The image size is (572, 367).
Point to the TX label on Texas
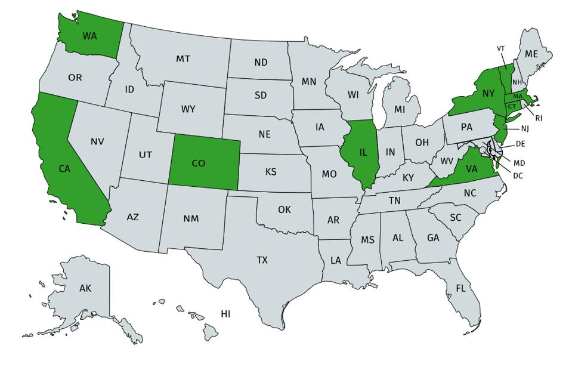[262, 260]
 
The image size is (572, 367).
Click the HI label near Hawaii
[225, 313]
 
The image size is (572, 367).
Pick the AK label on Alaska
[85, 288]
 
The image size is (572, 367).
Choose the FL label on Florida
[460, 288]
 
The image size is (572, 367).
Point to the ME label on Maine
[531, 54]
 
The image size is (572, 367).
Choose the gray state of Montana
[183, 59]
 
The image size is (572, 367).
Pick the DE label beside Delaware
[520, 144]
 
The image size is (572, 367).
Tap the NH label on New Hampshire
[517, 82]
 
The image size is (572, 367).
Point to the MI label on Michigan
[399, 110]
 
